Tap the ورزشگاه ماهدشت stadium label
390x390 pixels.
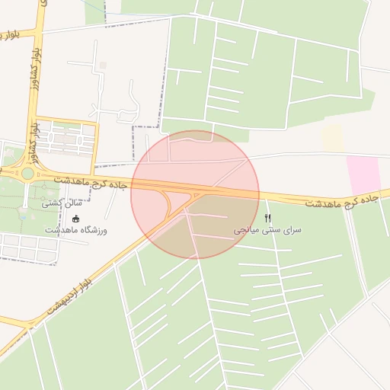point(76,230)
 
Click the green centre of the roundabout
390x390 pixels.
point(27,173)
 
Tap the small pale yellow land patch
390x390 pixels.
point(333,138)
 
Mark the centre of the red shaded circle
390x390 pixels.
point(195,195)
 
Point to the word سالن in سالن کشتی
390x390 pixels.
point(73,204)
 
